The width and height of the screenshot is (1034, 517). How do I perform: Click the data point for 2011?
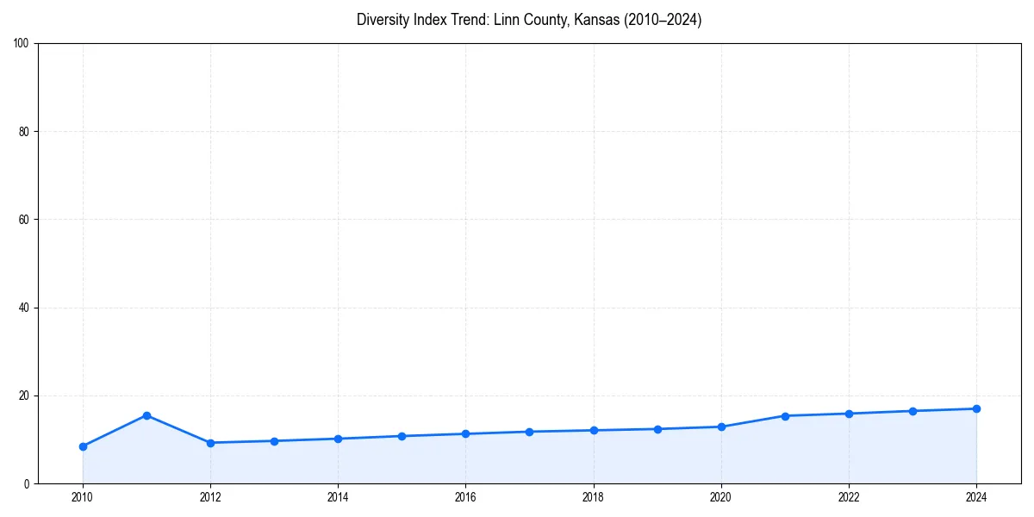[x=146, y=415]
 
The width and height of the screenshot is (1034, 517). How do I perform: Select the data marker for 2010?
[x=83, y=446]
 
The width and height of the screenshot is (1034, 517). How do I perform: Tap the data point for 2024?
[x=976, y=408]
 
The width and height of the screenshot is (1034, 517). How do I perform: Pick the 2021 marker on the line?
[x=785, y=416]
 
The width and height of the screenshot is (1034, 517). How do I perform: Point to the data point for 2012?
[x=210, y=443]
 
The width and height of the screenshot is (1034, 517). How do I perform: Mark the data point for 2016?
[x=465, y=433]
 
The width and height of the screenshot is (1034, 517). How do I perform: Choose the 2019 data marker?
[x=657, y=429]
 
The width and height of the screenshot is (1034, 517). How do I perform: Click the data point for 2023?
[x=913, y=411]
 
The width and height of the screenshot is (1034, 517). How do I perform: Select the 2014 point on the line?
[x=338, y=439]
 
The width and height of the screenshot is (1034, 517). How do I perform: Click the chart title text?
[x=529, y=20]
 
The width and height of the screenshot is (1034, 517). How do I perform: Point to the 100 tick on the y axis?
[x=22, y=43]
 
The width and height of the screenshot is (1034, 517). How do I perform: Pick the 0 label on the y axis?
[x=27, y=484]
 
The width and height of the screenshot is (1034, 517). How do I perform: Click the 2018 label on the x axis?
[x=593, y=497]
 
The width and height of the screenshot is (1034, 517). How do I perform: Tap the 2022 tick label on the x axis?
[x=849, y=497]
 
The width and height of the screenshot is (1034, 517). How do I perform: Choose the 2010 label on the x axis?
[x=83, y=497]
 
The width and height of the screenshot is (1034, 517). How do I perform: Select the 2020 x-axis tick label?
[x=721, y=497]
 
